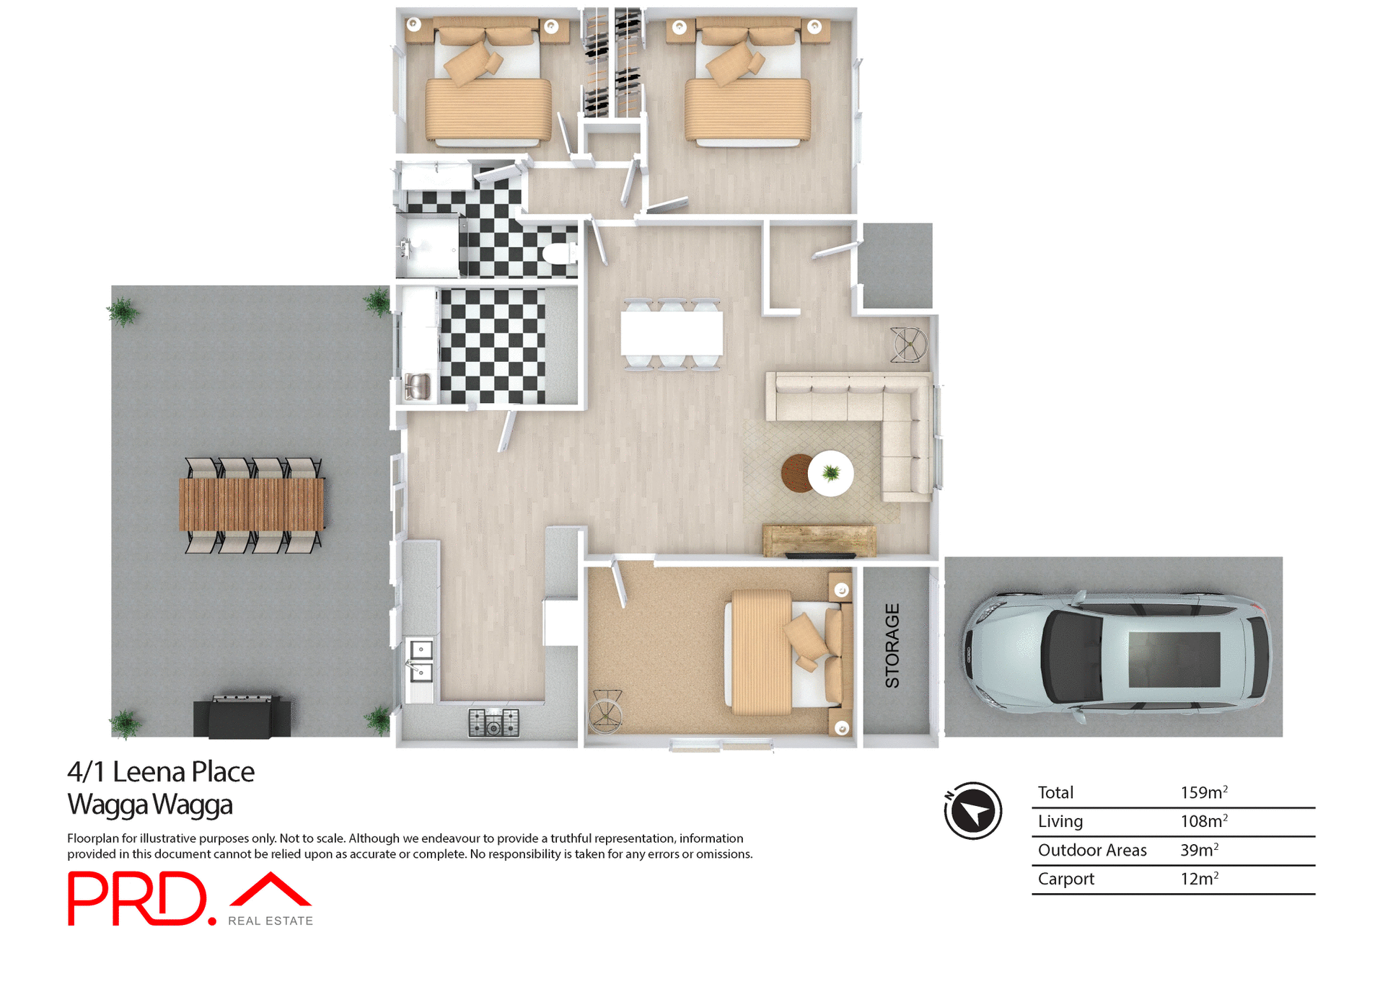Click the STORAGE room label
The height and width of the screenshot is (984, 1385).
[892, 646]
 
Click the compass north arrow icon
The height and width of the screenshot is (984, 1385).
[973, 810]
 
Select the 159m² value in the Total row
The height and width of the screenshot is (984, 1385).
[1203, 793]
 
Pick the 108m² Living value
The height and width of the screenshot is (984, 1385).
[1203, 822]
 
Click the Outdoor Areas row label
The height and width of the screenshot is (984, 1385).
[1091, 851]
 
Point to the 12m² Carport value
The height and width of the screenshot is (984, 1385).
[1199, 879]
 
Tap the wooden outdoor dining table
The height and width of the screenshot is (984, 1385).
[251, 505]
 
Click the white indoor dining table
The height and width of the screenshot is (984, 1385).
[672, 333]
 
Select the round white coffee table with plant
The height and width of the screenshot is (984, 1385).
[831, 474]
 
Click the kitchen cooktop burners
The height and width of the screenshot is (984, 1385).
[493, 722]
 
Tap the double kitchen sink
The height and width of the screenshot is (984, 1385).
[420, 660]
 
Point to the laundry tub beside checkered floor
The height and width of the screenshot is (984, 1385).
[418, 386]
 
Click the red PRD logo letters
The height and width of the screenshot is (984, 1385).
[137, 898]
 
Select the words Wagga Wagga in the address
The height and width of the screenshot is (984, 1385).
[150, 805]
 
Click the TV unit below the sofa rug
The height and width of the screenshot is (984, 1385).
[819, 541]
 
